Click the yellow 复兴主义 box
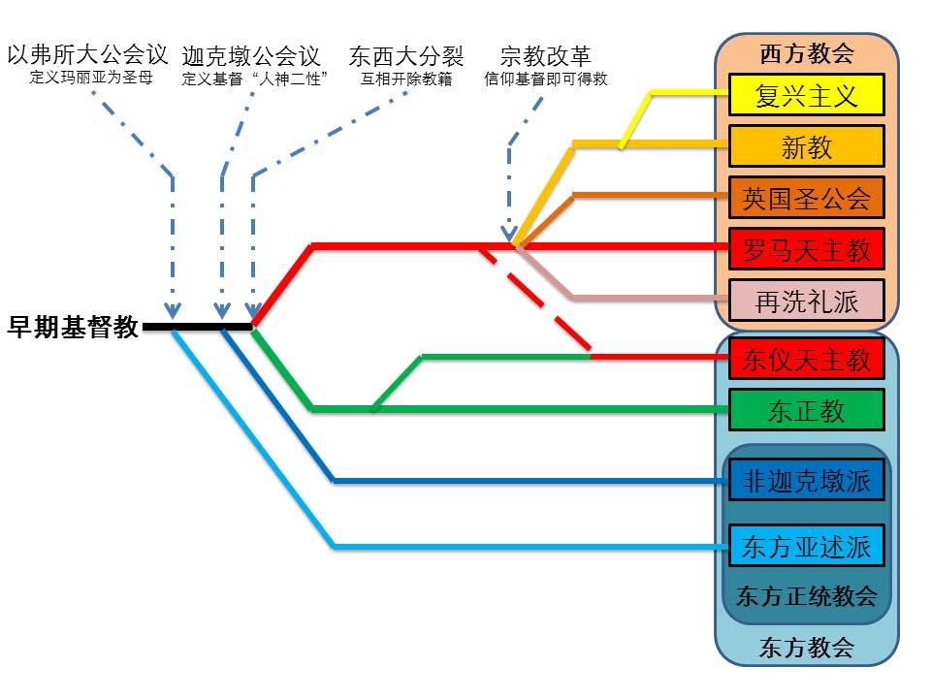coord(806,94)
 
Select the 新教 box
coord(806,146)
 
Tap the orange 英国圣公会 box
coord(806,198)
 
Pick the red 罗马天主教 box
coord(806,249)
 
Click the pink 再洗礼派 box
coord(806,301)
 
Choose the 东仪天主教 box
coord(806,359)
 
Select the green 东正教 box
coord(806,409)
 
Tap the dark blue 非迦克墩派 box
coord(806,480)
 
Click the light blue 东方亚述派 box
coord(806,546)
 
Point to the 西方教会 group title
coord(806,53)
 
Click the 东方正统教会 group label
coord(806,595)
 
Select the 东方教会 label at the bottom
coord(806,647)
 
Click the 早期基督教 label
coord(73,327)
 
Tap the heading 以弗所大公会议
coord(88,54)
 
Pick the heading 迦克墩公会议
coord(251,56)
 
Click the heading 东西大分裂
coord(406,56)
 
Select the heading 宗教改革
coord(546,56)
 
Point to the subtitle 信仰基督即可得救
coord(546,79)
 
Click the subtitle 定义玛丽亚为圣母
coord(91,78)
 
